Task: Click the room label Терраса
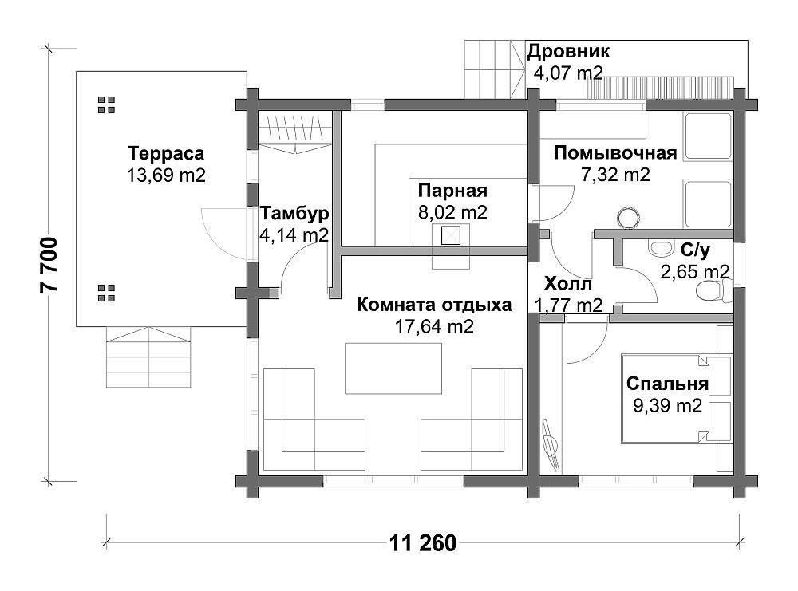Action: pyautogui.click(x=166, y=153)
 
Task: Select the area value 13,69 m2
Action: pyautogui.click(x=166, y=175)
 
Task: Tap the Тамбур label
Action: pyautogui.click(x=294, y=214)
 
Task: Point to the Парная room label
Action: pyautogui.click(x=452, y=191)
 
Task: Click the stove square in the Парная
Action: pyautogui.click(x=450, y=235)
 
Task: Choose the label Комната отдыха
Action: pyautogui.click(x=434, y=305)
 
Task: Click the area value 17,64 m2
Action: pyautogui.click(x=434, y=326)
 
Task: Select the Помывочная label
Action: pyautogui.click(x=615, y=153)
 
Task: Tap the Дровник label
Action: pyautogui.click(x=568, y=51)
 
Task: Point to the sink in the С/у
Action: pyautogui.click(x=661, y=248)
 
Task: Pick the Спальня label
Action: pyautogui.click(x=667, y=384)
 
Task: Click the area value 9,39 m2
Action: pyautogui.click(x=667, y=405)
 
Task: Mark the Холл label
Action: pyautogui.click(x=568, y=283)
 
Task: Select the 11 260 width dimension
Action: pyautogui.click(x=423, y=543)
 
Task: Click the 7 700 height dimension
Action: pyautogui.click(x=49, y=265)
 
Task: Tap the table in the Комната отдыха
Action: pyautogui.click(x=393, y=368)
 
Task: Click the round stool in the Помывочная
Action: pyautogui.click(x=628, y=218)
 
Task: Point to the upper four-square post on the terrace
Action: pyautogui.click(x=106, y=104)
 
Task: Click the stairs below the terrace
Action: pyautogui.click(x=148, y=357)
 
